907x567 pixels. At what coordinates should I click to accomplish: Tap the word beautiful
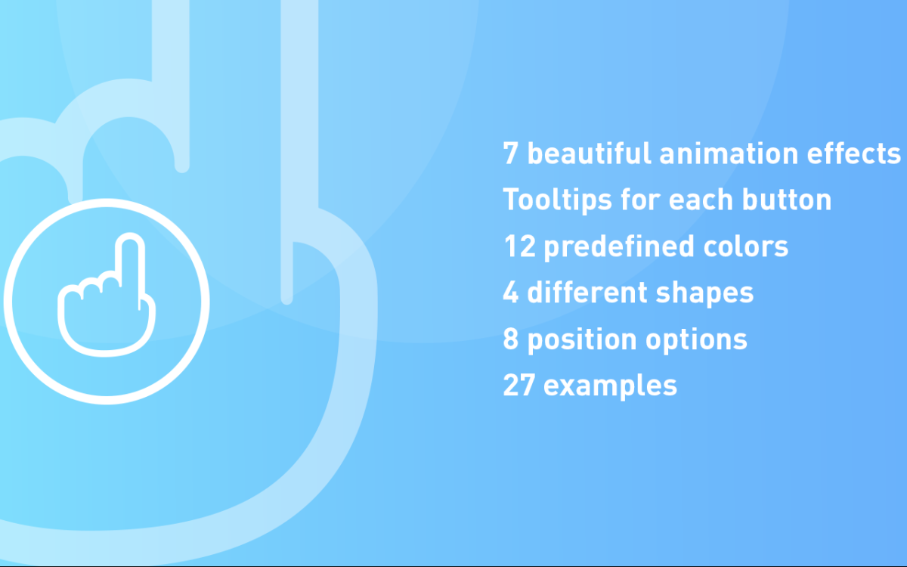pyautogui.click(x=589, y=153)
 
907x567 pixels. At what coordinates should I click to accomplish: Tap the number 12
pyautogui.click(x=519, y=246)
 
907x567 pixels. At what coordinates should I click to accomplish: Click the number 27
pyautogui.click(x=519, y=386)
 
